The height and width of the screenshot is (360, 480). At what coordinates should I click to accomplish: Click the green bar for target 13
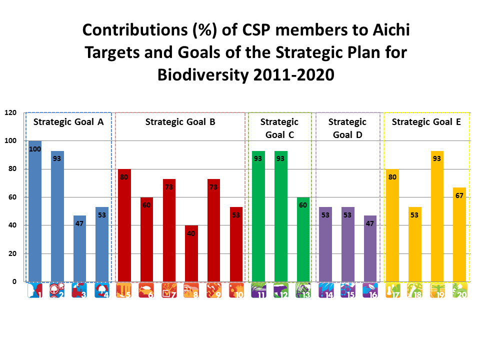[x=303, y=239]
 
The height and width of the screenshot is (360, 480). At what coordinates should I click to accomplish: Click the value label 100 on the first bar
[x=35, y=149]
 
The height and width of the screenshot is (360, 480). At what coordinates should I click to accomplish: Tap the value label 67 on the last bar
[x=459, y=195]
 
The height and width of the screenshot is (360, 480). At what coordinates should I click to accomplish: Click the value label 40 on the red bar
[x=191, y=233]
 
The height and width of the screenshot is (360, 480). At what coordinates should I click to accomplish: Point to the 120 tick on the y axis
[x=10, y=113]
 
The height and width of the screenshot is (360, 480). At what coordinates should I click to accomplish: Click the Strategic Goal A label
[x=68, y=121]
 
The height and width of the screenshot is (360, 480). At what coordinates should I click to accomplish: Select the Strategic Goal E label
[x=426, y=121]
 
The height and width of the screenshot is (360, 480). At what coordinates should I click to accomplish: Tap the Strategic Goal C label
[x=279, y=128]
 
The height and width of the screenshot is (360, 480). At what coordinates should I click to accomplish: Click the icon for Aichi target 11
[x=259, y=291]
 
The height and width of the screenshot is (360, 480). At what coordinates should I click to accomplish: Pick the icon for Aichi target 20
[x=459, y=291]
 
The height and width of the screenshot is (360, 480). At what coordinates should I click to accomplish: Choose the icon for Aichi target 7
[x=169, y=291]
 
